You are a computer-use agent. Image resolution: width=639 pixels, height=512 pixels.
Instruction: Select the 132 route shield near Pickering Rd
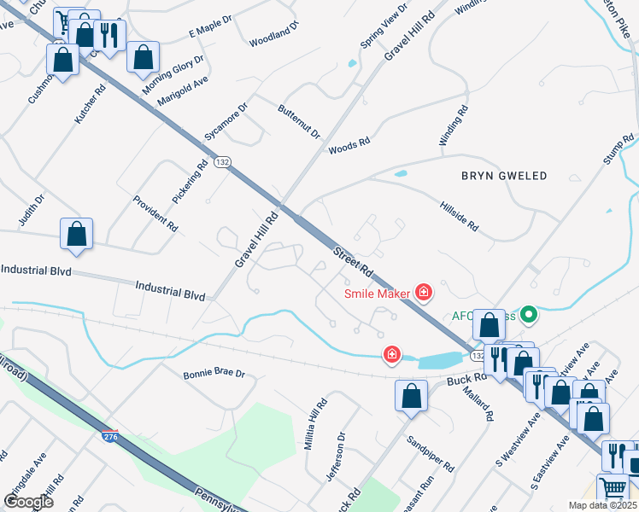coord(223,161)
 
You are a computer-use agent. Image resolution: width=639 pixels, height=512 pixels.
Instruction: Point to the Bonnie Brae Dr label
coord(214,375)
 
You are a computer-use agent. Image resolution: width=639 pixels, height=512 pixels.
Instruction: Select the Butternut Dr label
coord(298,122)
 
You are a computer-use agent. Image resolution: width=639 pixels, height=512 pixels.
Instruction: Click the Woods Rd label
coord(349,145)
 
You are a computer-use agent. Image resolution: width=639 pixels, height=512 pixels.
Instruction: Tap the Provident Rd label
coord(155,214)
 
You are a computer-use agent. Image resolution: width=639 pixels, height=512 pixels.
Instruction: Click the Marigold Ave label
coord(182,93)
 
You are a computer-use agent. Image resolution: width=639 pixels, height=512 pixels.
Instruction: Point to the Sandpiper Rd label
coord(430,453)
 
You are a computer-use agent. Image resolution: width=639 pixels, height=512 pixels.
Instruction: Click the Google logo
coord(29,502)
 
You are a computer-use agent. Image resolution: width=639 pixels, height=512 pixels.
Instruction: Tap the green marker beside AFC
coord(529,316)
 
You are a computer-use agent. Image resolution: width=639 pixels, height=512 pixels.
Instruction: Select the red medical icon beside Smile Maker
coord(423,294)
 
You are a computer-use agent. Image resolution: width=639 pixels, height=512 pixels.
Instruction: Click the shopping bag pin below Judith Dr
coord(76,233)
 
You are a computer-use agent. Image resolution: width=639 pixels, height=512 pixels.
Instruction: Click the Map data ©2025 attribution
coord(601,505)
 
